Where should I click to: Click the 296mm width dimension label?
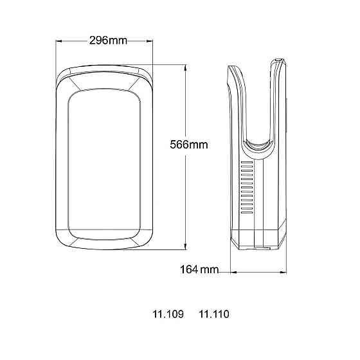[108, 40]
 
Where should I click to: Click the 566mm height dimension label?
[189, 145]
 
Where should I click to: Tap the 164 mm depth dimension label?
[199, 269]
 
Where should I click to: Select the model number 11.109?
[168, 314]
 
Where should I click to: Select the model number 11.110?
[213, 314]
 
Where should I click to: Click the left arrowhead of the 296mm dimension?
[59, 41]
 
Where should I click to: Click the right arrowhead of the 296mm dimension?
[150, 41]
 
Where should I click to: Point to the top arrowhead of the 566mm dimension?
[185, 67]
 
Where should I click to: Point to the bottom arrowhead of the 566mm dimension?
[185, 246]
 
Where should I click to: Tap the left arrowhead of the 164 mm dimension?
[233, 273]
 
